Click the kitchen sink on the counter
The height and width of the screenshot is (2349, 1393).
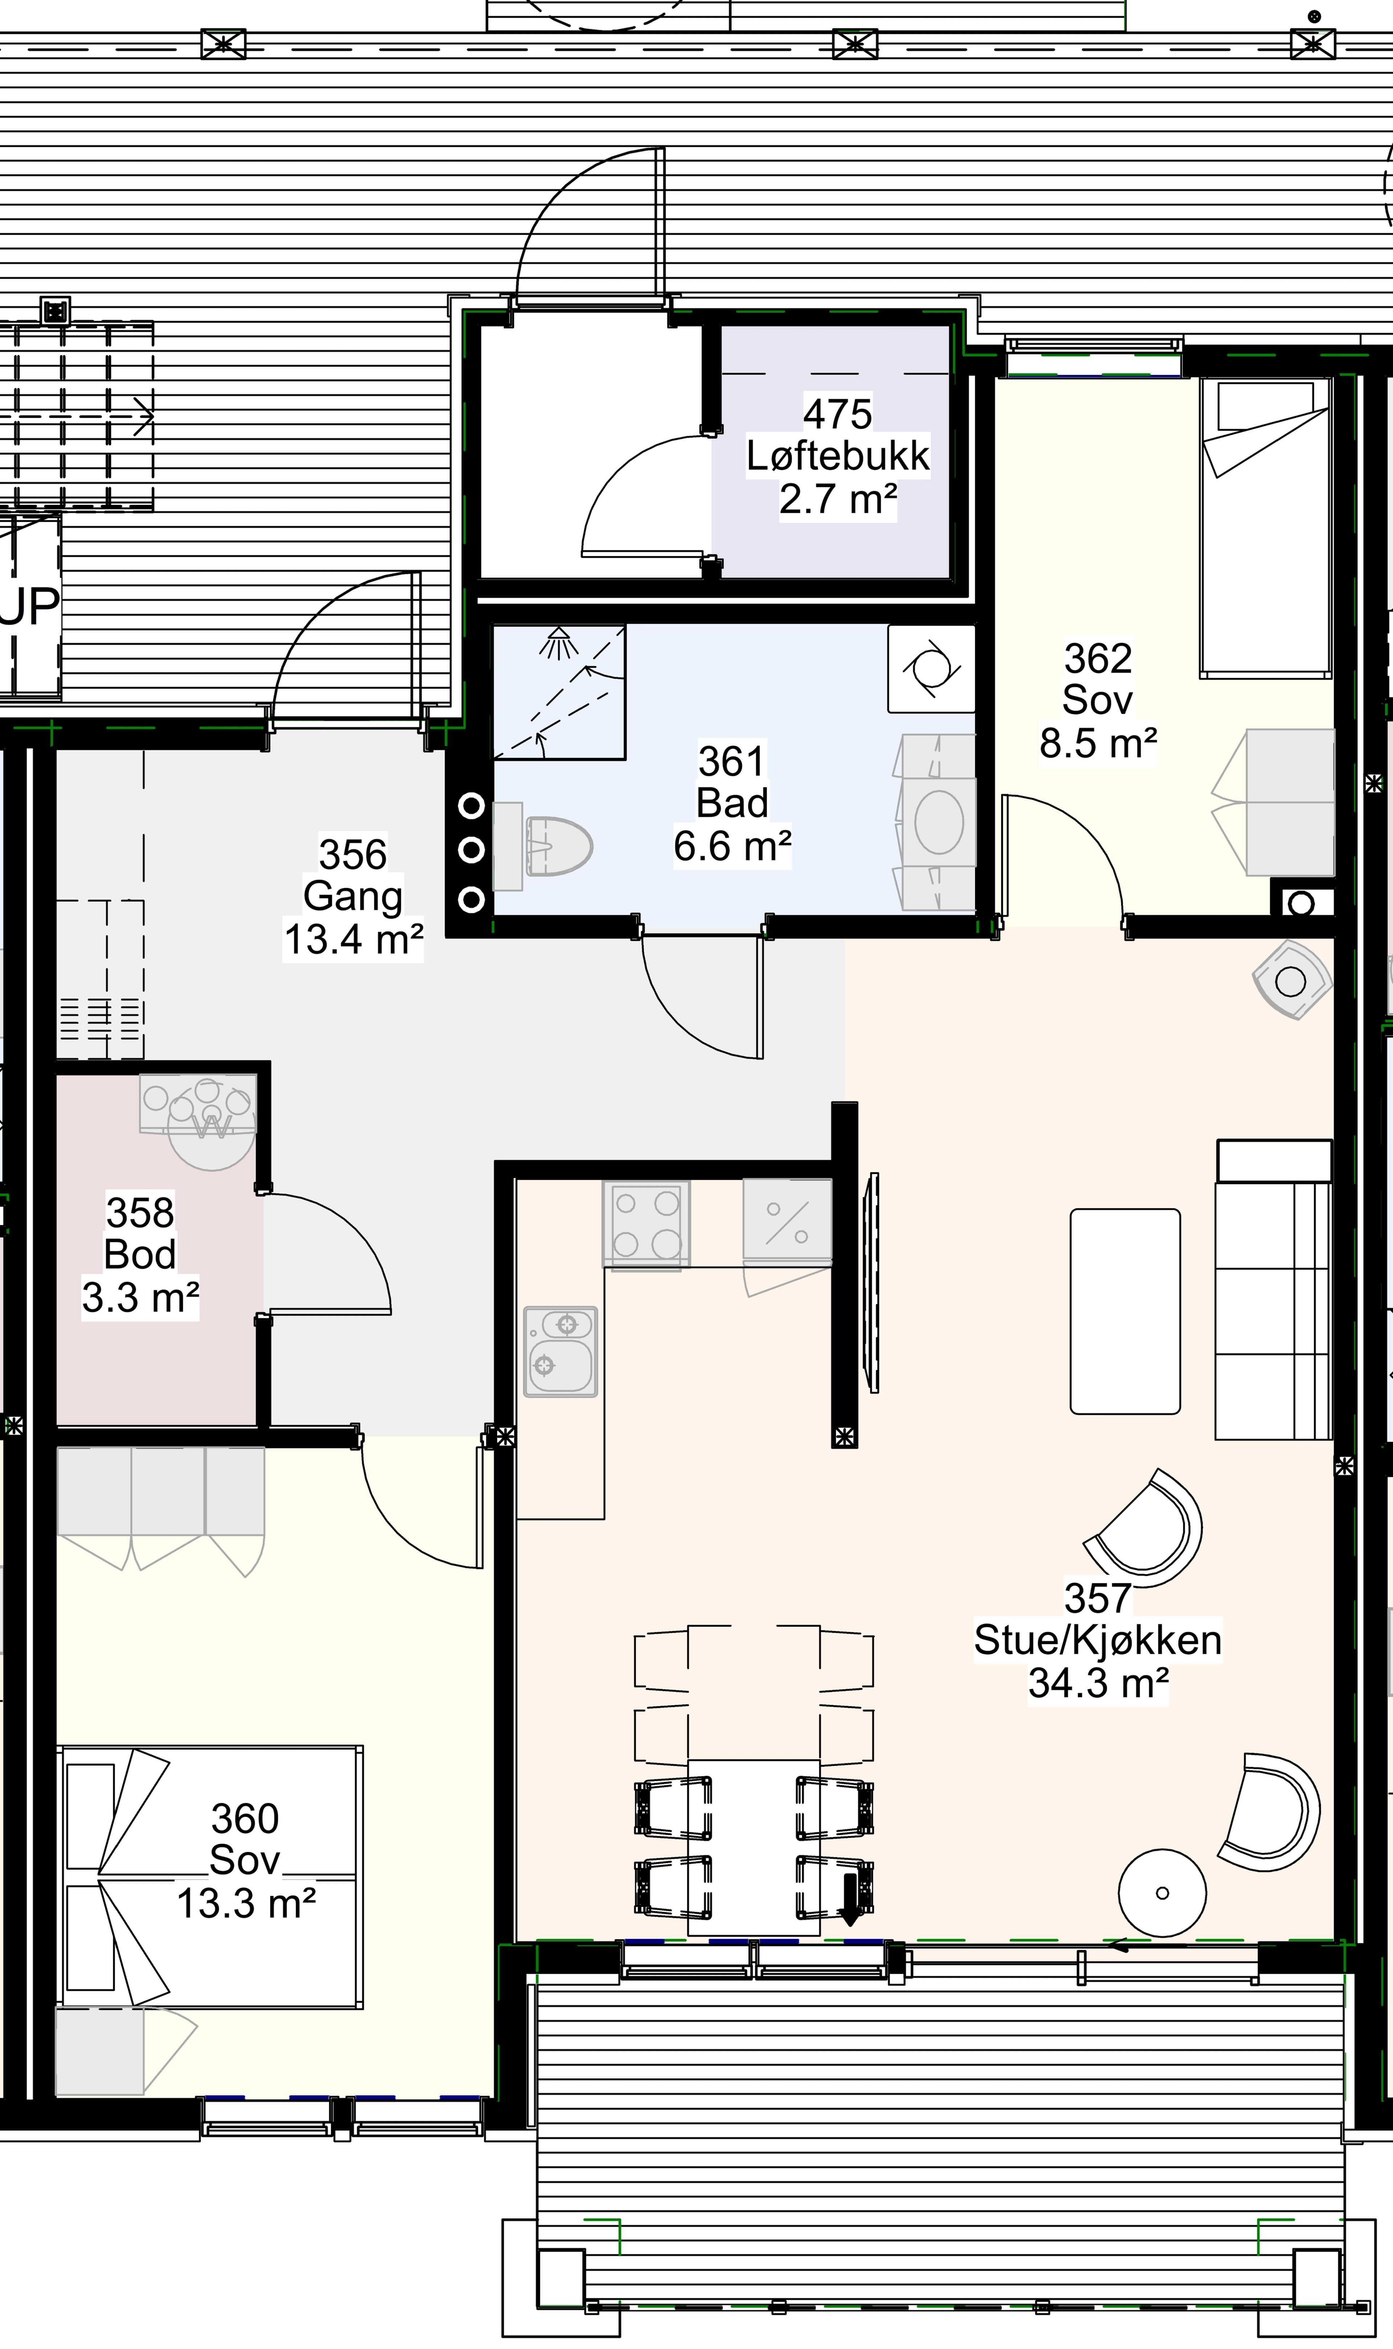tap(560, 1351)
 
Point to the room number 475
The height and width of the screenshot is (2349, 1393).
tap(837, 414)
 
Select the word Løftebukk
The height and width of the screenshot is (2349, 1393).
tap(837, 456)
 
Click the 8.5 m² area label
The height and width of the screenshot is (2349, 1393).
tap(1097, 744)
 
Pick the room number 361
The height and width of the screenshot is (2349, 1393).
tap(732, 761)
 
